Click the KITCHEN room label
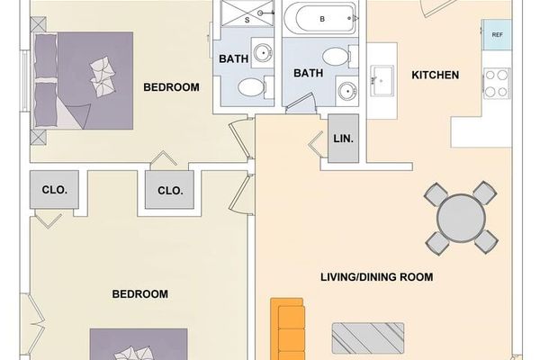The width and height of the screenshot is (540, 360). (436, 75)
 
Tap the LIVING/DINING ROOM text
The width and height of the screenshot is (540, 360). (377, 277)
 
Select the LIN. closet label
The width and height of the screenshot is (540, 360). (343, 139)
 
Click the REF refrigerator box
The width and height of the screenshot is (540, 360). (498, 34)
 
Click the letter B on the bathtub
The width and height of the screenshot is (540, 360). (322, 18)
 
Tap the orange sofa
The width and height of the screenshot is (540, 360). (290, 329)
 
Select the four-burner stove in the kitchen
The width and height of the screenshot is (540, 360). (497, 83)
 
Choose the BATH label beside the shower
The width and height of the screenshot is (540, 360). (234, 59)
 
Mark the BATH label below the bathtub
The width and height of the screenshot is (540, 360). (309, 74)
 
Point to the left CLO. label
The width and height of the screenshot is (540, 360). (55, 190)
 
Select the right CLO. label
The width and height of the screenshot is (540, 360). (170, 191)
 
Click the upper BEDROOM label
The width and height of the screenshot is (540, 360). (171, 87)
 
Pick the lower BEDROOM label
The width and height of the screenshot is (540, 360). (139, 294)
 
